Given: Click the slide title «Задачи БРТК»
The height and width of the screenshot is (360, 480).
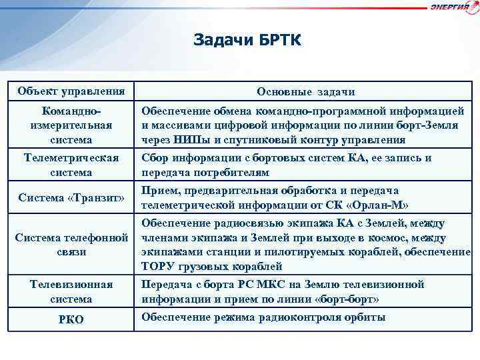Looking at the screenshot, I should [247, 41].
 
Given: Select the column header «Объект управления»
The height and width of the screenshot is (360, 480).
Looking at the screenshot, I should [71, 91].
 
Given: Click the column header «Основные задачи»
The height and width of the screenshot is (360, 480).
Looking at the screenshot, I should [306, 91].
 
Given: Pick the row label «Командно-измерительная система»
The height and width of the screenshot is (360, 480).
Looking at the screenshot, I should [71, 125].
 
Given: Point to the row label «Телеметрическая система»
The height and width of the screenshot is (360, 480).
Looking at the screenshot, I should [71, 165].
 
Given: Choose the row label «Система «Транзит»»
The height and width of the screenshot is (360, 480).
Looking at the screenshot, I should [71, 198].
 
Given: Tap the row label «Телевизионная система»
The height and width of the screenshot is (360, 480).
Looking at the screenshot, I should [71, 291].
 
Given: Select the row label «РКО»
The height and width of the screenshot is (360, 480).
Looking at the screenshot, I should [71, 319].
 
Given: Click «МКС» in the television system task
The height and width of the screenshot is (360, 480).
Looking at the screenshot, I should [273, 284].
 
